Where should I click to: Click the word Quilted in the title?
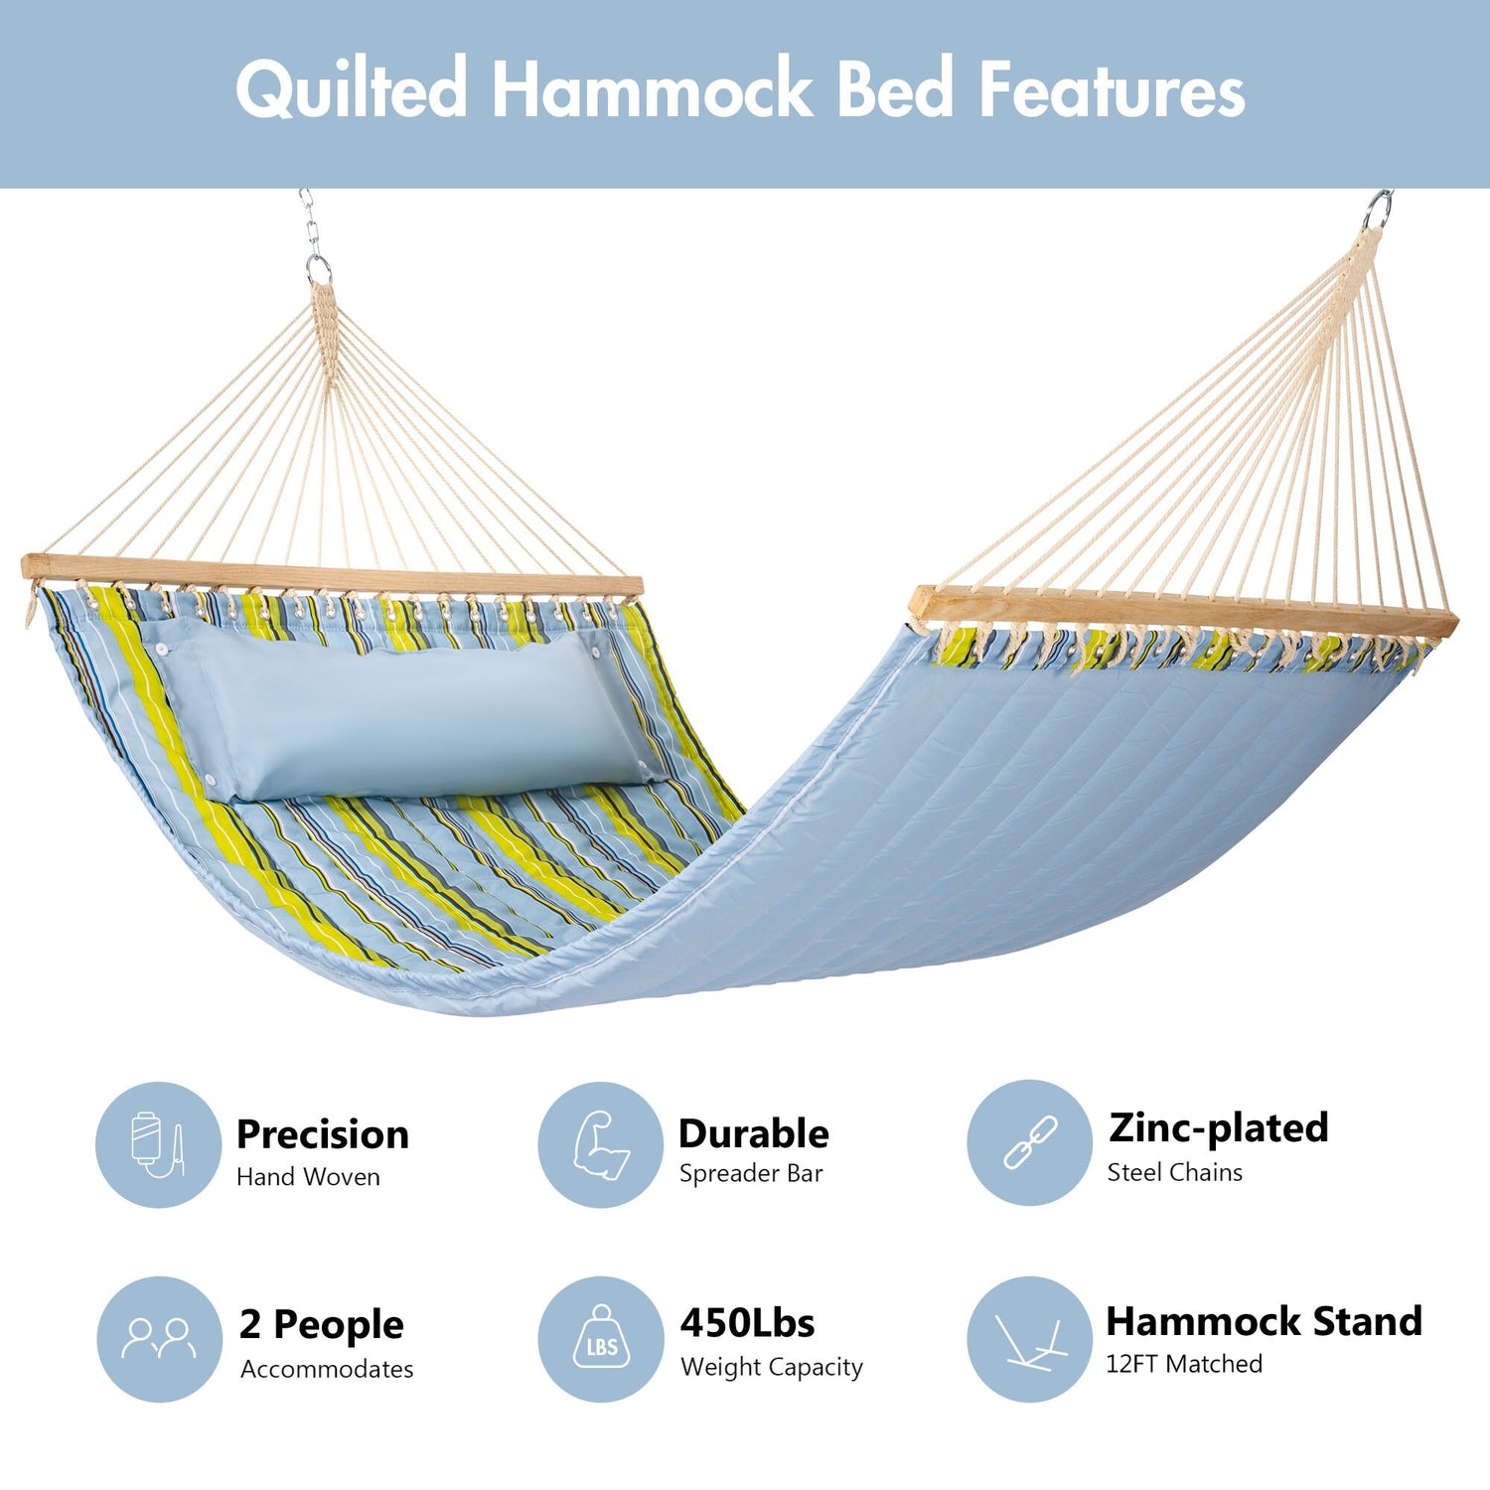352,89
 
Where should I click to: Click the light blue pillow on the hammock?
397,710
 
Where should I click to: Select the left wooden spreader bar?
332,576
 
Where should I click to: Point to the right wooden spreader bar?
1184,612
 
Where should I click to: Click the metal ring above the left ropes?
318,269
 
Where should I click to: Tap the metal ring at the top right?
1377,210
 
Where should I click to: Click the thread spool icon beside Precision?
158,1144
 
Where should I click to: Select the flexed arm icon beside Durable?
601,1145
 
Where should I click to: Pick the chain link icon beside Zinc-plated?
1030,1142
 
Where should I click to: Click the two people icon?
159,1338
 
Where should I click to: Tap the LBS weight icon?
602,1337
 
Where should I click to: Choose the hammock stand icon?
1030,1341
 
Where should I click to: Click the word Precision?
323,1134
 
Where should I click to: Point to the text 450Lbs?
748,1323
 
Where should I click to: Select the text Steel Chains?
1175,1172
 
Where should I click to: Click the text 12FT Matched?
1184,1364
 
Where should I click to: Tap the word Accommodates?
327,1369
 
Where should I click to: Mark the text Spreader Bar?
751,1174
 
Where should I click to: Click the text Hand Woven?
308,1177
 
